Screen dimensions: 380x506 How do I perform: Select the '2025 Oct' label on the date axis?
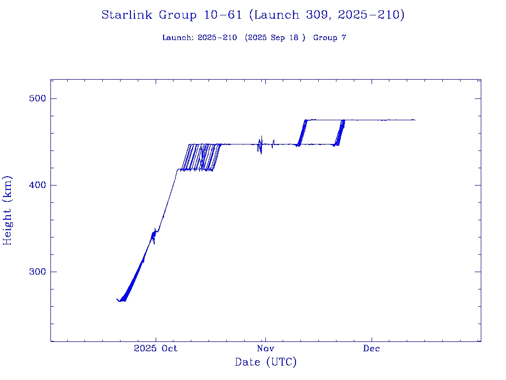155,348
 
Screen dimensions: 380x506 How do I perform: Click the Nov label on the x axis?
265,348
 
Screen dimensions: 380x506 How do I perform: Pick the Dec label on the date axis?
372,348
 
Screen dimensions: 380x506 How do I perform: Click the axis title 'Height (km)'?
8,210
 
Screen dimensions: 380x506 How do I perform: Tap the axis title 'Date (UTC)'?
266,362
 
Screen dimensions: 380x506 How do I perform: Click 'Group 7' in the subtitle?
330,38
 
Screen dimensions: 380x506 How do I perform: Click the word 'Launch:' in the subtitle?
178,38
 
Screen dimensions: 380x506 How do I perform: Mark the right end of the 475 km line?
415,120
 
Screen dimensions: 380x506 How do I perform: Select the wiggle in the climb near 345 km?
154,236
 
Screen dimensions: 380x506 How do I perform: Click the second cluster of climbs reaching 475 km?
340,132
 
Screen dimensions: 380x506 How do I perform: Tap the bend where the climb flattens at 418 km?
177,170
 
